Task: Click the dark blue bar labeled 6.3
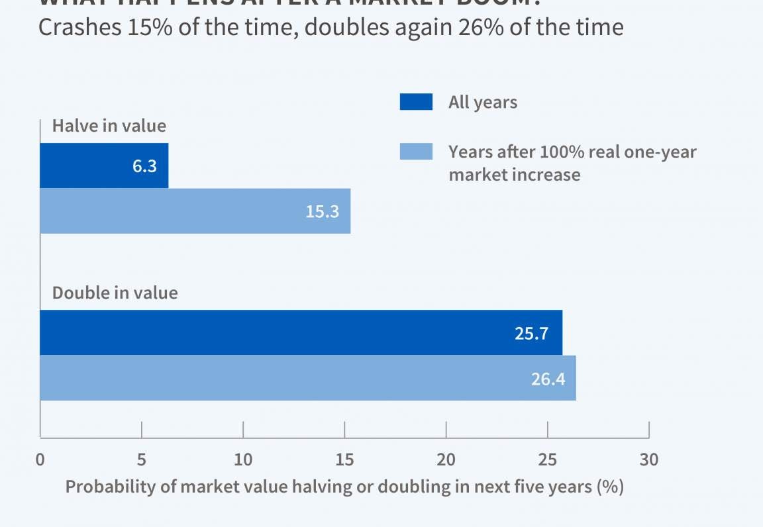(x=104, y=166)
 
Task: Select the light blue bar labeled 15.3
(x=195, y=211)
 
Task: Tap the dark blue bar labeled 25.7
(x=301, y=332)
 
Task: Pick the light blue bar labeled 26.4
(x=307, y=377)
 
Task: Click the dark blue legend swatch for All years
(x=416, y=102)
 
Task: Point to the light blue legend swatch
(x=416, y=152)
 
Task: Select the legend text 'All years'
(x=483, y=102)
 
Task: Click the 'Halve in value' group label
(x=109, y=126)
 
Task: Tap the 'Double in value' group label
(x=115, y=293)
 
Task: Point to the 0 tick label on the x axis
(x=40, y=459)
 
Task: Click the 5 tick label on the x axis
(x=142, y=459)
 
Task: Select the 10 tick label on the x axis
(x=243, y=459)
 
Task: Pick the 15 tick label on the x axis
(x=344, y=459)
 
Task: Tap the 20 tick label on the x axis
(x=446, y=459)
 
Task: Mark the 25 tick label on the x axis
(x=548, y=459)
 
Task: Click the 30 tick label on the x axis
(x=649, y=459)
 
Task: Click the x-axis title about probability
(x=344, y=487)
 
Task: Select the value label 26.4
(x=547, y=378)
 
